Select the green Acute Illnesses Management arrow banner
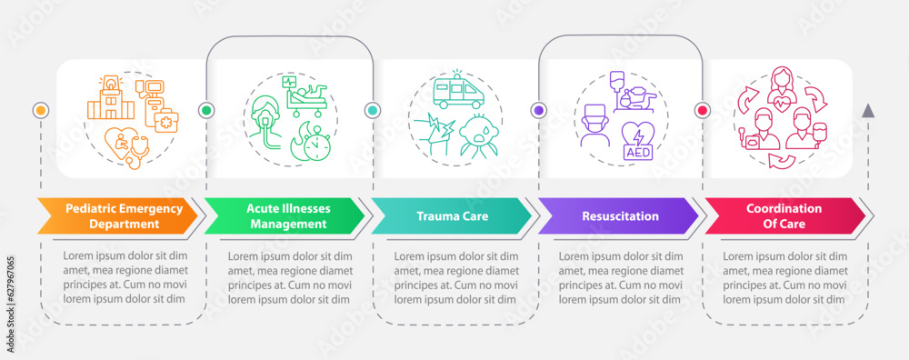coord(282,215)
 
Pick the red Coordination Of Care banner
coord(784,215)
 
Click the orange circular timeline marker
coord(39,110)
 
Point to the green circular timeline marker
coord(206,110)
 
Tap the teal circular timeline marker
coord(373,110)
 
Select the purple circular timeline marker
coord(539,110)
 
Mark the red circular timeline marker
coord(702,110)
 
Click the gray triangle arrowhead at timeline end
coord(868,110)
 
